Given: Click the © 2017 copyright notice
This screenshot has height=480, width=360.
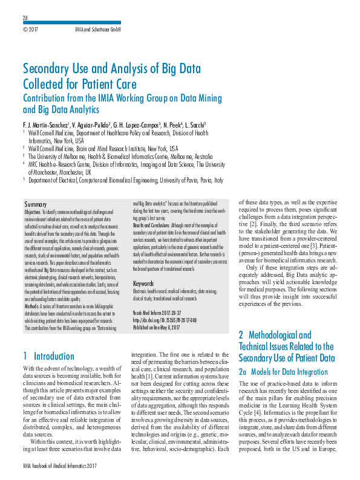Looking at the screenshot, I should pos(31,29).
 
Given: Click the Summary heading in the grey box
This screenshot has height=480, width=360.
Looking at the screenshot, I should pos(36,205).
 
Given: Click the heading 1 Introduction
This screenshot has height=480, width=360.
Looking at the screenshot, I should pos(51,357).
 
